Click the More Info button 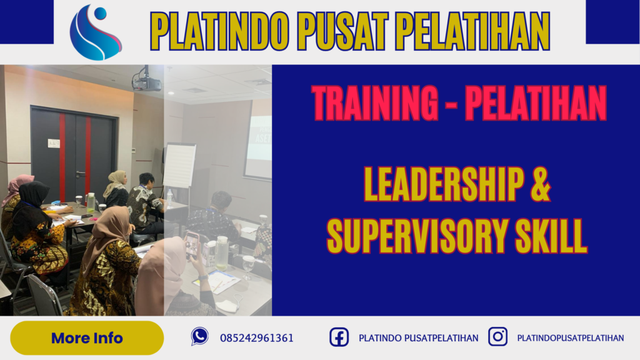87,338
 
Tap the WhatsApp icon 199,337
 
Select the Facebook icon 339,337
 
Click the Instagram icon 497,337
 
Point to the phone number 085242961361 256,338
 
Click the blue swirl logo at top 96,32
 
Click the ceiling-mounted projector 146,81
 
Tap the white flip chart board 179,166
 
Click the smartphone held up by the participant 192,244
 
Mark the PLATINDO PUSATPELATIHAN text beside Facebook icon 418,338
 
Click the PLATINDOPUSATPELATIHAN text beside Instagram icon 571,338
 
